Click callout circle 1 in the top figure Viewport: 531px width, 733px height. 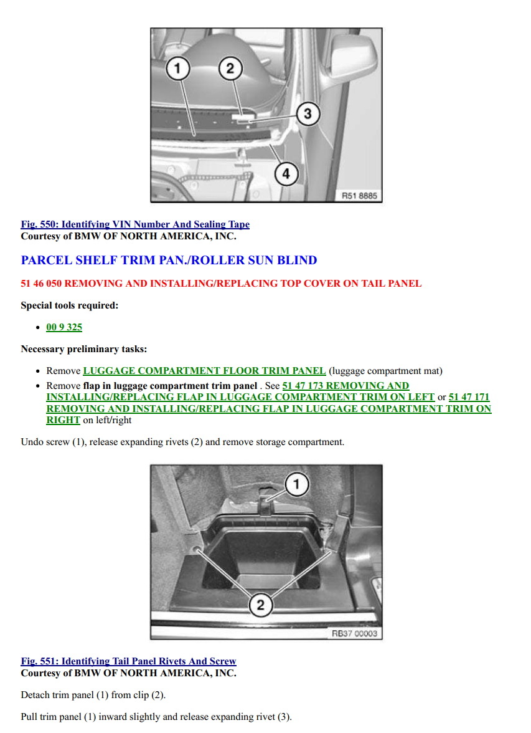177,69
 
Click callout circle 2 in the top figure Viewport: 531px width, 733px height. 230,69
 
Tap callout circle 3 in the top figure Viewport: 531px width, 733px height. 307,113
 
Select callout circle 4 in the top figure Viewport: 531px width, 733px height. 286,174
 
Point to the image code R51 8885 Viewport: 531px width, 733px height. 359,196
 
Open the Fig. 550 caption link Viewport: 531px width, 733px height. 135,224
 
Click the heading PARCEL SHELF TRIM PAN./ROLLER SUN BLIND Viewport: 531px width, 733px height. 169,261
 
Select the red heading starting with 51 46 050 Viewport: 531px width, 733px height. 221,284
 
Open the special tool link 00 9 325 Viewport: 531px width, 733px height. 64,327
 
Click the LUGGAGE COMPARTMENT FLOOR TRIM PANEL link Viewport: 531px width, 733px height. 204,371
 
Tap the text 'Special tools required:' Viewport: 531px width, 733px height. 69,305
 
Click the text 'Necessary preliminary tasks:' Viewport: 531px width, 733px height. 83,349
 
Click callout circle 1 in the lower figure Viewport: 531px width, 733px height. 296,484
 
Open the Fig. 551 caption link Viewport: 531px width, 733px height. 128,661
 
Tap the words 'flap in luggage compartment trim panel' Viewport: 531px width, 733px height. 170,386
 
